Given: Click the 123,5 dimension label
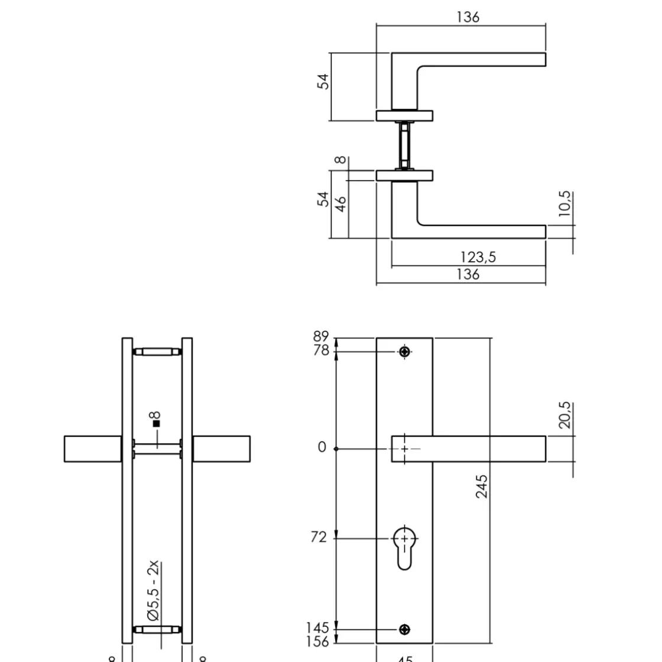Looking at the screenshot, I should point(478,257).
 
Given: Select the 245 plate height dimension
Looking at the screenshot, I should point(482,486).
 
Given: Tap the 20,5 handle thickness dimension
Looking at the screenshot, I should point(564,415).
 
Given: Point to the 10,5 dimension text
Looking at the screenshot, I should point(564,204).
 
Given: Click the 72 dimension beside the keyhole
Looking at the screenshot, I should point(318,537).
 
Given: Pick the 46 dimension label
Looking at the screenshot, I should point(341,204).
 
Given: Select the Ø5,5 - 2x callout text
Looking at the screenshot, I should point(154,590).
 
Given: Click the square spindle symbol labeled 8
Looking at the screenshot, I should point(156,423).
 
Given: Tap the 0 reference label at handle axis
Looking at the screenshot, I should point(322,447).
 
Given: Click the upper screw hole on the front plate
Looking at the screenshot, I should point(404,352).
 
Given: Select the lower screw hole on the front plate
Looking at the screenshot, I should point(404,629).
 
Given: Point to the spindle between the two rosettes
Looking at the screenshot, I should point(404,145).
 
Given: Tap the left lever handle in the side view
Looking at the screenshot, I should point(93,449).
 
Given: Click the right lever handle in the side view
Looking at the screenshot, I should point(222,449).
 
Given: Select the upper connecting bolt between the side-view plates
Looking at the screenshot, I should point(157,352).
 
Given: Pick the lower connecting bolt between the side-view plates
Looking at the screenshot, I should point(157,629).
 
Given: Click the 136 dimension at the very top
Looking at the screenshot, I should point(468,17).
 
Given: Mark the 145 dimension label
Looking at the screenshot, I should point(317,627).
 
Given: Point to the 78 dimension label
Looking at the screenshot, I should point(321,351).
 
